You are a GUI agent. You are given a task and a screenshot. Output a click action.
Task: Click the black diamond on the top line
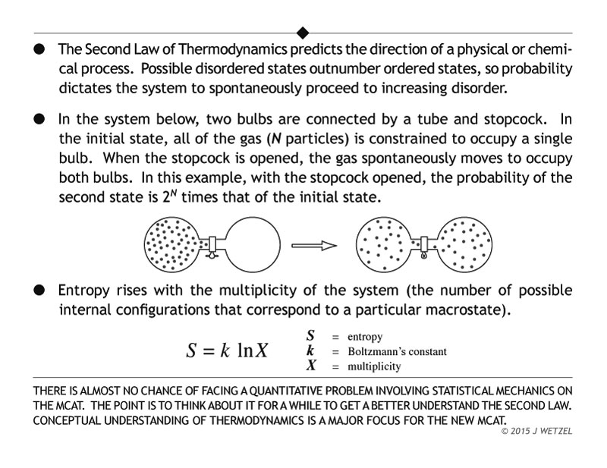point(303,32)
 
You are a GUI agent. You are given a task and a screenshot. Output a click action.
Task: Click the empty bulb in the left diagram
point(253,245)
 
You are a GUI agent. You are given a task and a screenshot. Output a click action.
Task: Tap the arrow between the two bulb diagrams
point(313,245)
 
